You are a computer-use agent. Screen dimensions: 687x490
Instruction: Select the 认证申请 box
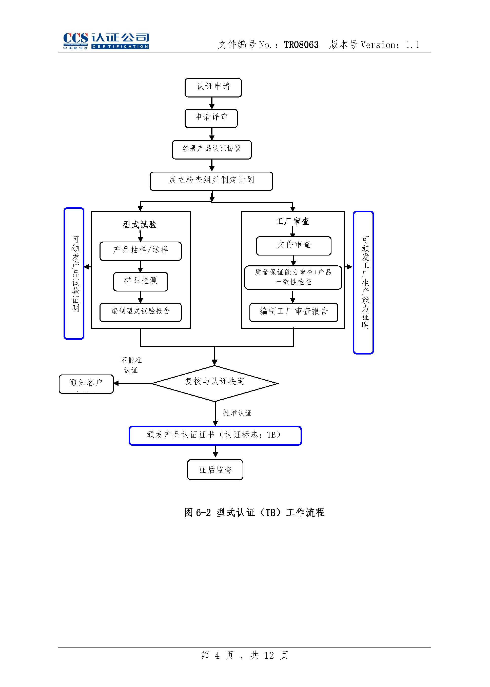213,88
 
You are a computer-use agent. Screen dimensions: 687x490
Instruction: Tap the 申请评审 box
211,118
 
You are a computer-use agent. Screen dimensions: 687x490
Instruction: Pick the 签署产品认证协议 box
211,150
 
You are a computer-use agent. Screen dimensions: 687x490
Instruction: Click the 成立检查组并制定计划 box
211,181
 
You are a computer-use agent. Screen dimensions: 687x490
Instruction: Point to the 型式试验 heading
140,224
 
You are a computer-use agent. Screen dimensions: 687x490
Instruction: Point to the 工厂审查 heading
292,222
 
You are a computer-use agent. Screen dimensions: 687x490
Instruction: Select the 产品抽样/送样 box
140,251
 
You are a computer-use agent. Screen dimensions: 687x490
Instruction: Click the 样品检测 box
140,282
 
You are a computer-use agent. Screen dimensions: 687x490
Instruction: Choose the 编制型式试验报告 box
140,312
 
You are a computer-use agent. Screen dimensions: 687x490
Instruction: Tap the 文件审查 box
293,246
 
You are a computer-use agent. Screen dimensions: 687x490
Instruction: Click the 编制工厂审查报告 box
293,312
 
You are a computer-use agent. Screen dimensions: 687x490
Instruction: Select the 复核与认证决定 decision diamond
214,383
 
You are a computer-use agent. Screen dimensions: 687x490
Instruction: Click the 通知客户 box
86,384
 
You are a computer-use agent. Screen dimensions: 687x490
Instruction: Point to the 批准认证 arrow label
237,413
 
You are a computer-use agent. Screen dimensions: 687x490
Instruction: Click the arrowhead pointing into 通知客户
116,383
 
